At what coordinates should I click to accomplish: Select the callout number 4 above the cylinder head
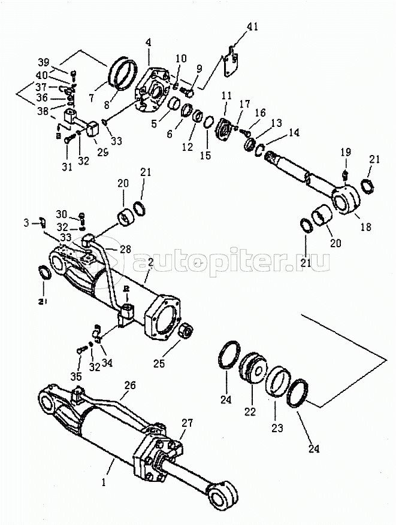(148, 43)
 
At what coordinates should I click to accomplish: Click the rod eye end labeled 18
(346, 199)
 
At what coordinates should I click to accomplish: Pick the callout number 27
(187, 423)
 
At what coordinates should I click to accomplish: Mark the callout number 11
(226, 95)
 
